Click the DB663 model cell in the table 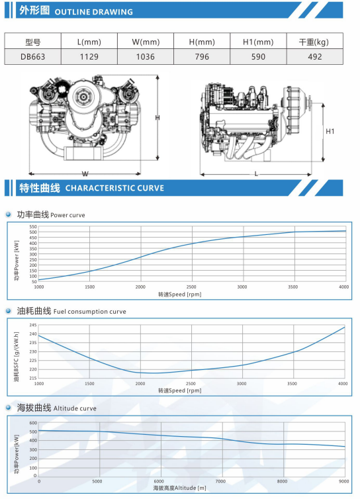[x=33, y=57]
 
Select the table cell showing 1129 [x=89, y=57]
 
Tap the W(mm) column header [x=146, y=42]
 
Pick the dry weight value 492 [x=315, y=57]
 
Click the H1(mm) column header [x=258, y=42]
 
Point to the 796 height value [x=202, y=57]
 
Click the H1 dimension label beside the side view [x=330, y=131]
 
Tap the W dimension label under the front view [x=85, y=174]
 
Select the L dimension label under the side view [x=256, y=174]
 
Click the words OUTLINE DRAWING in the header [x=93, y=12]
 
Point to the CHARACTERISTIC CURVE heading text [x=114, y=188]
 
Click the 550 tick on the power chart [x=33, y=226]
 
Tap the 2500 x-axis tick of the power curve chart [x=191, y=287]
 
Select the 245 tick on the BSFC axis [x=33, y=325]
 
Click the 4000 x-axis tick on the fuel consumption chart [x=343, y=383]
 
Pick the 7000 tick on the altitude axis [x=220, y=481]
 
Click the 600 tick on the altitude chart [x=34, y=423]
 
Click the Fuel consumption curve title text [x=90, y=312]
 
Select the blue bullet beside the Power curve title [x=9, y=214]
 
